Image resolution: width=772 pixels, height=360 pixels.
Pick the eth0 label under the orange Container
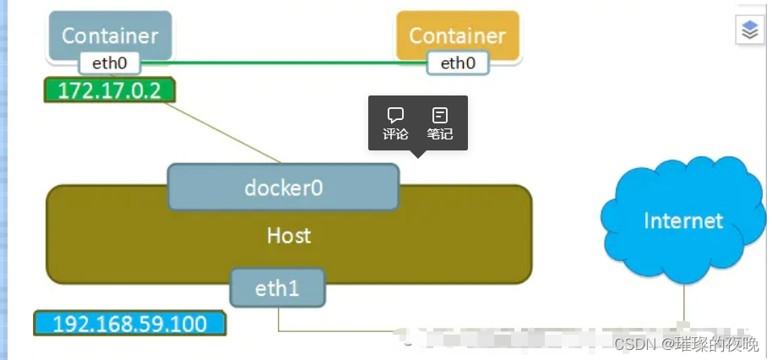click(458, 63)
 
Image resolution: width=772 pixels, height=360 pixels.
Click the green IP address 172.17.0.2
click(109, 90)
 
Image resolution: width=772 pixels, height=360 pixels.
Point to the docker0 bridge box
click(283, 187)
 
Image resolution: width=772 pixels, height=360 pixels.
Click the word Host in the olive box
click(289, 236)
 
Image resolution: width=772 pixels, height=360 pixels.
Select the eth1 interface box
click(277, 289)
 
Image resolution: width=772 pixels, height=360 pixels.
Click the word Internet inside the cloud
click(682, 221)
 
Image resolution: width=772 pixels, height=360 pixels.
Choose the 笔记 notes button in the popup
click(439, 123)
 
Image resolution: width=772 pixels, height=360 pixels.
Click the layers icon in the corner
click(750, 31)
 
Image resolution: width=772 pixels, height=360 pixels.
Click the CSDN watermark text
click(686, 344)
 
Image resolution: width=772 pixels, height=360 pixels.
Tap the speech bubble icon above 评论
click(395, 115)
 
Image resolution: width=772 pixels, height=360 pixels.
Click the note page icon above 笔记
click(439, 115)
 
